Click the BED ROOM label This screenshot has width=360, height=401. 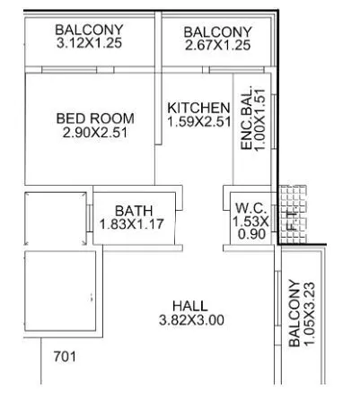click(x=95, y=118)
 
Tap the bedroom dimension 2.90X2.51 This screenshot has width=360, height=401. click(x=95, y=132)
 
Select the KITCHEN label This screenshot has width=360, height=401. click(x=198, y=108)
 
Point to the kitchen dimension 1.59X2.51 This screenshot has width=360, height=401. click(x=198, y=122)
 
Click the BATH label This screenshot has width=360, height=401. click(x=133, y=211)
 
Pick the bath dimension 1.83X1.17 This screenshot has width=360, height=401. click(x=133, y=224)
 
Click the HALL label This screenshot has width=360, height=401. click(x=190, y=305)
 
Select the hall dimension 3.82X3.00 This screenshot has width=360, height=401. click(x=190, y=319)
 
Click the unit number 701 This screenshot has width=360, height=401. click(x=64, y=356)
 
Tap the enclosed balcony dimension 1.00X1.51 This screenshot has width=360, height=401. click(x=259, y=119)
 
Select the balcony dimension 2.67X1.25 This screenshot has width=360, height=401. click(x=217, y=45)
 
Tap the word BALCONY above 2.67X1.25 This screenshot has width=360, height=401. click(x=217, y=31)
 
